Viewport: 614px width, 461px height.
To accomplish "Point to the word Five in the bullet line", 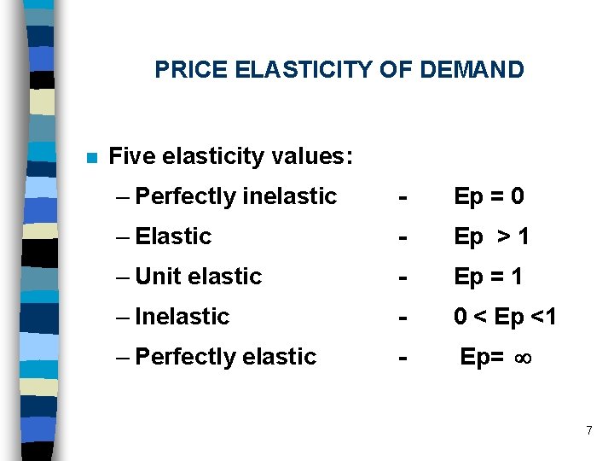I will click(131, 157).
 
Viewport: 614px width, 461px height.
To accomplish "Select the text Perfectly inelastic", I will click(236, 197).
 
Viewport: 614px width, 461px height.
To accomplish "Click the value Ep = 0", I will click(489, 197).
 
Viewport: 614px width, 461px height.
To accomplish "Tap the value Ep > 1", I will click(492, 236).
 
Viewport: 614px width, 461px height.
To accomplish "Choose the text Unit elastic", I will click(199, 277).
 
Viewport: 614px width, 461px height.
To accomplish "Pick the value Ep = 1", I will click(489, 277).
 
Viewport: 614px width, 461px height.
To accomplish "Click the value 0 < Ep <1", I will click(506, 317).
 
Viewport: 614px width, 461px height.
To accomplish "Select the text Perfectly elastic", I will click(226, 357).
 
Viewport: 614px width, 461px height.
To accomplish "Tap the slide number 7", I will click(588, 430).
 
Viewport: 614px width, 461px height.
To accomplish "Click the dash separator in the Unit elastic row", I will click(401, 277).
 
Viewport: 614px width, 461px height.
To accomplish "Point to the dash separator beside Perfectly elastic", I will click(401, 358).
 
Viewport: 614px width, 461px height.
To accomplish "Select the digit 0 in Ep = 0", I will click(517, 197).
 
